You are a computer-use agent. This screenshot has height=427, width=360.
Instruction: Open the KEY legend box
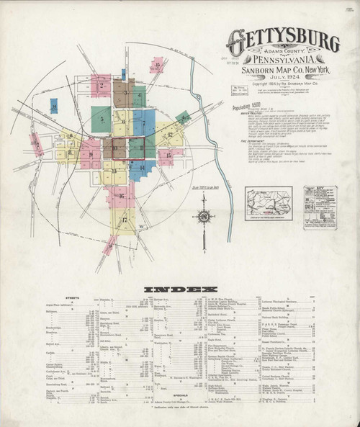pyautogui.click(x=320, y=202)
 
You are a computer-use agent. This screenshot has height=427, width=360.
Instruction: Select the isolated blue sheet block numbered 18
pyautogui.click(x=54, y=105)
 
